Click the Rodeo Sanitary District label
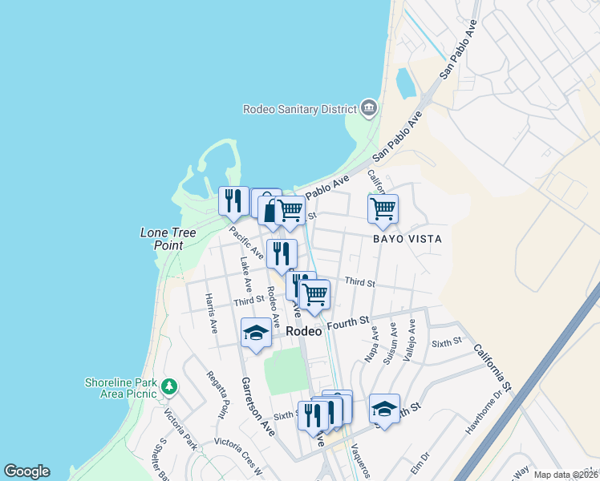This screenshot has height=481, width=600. (300, 109)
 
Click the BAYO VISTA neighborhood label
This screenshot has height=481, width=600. (407, 239)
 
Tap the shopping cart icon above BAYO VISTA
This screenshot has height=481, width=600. (383, 208)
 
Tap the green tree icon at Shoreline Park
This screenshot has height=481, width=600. (168, 387)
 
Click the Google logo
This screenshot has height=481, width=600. (26, 471)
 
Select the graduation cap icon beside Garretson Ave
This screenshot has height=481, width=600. (256, 333)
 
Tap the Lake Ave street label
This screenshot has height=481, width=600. (246, 273)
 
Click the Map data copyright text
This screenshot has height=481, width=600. (566, 475)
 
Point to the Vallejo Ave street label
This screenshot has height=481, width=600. (411, 340)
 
